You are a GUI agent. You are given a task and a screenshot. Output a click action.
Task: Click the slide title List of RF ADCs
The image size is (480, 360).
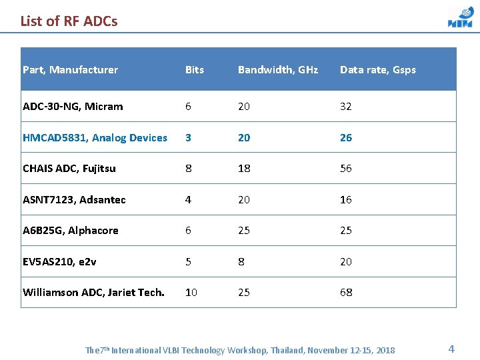(x=69, y=21)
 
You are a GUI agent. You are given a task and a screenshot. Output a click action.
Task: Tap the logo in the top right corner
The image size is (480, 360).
(x=460, y=17)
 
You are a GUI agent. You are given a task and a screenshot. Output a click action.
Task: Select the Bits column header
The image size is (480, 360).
(x=194, y=69)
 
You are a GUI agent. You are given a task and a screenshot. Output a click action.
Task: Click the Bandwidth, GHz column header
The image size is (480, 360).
(x=278, y=69)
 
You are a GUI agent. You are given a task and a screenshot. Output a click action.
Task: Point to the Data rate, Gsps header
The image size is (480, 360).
(x=377, y=69)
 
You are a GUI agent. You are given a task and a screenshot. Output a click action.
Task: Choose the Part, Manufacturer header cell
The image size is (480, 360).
(x=70, y=69)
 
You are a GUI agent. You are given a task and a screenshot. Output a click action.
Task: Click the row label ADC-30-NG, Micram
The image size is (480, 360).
(x=73, y=106)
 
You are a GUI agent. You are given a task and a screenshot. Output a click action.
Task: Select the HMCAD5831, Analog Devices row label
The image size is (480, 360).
(x=95, y=137)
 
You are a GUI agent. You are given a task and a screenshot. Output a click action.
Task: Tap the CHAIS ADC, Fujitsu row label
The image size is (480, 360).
(x=69, y=168)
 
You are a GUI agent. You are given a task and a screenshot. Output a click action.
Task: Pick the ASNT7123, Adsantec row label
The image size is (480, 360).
(x=74, y=199)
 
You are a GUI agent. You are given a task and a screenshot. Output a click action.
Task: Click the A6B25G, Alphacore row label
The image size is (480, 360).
(x=71, y=230)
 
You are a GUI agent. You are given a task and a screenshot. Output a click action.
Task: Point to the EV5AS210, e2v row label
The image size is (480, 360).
(x=59, y=261)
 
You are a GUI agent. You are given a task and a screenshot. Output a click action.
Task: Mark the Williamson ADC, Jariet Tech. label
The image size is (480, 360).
(x=93, y=292)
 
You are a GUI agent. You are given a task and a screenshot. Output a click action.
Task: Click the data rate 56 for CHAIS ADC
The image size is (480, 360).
(x=345, y=168)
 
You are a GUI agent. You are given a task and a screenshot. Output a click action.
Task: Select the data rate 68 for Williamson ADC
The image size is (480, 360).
(x=345, y=292)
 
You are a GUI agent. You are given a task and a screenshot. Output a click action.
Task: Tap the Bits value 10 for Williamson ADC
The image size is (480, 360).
(x=191, y=292)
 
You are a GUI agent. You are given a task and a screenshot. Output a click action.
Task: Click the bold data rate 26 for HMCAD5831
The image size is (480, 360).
(x=345, y=137)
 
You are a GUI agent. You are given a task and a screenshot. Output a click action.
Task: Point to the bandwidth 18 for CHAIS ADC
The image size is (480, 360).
(x=244, y=168)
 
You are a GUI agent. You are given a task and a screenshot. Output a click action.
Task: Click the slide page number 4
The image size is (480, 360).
(x=451, y=349)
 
